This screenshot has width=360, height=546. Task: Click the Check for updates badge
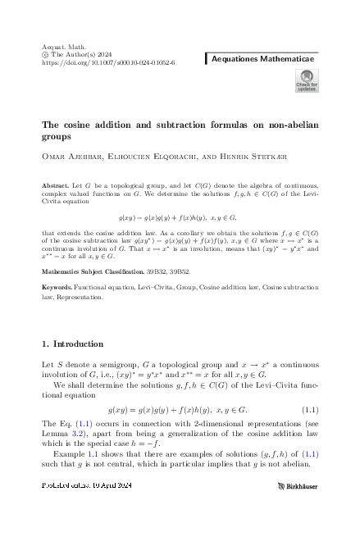click(306, 80)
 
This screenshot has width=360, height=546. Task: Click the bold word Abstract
click(55, 187)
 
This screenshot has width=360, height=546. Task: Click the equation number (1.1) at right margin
click(310, 431)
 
